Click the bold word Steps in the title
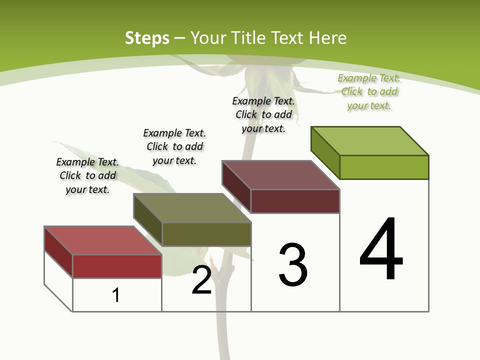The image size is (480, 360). point(147,38)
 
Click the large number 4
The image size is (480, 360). point(381,249)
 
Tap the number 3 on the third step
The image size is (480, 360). point(293,265)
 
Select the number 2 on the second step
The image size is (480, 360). point(202,280)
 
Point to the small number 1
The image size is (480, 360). point(116,295)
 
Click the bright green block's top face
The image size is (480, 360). point(370,140)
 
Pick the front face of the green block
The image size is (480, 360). point(384,167)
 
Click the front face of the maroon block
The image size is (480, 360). point(295,201)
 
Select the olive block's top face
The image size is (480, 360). point(192,208)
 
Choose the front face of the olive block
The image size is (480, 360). point(206,234)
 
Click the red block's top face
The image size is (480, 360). point(103,240)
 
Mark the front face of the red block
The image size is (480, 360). point(117,266)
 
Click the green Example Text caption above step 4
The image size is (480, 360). point(369,92)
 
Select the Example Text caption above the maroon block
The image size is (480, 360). point(263,114)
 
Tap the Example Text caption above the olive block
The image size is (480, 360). point(174,146)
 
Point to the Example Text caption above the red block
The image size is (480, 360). point(87,175)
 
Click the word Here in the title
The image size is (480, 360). point(327,38)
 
